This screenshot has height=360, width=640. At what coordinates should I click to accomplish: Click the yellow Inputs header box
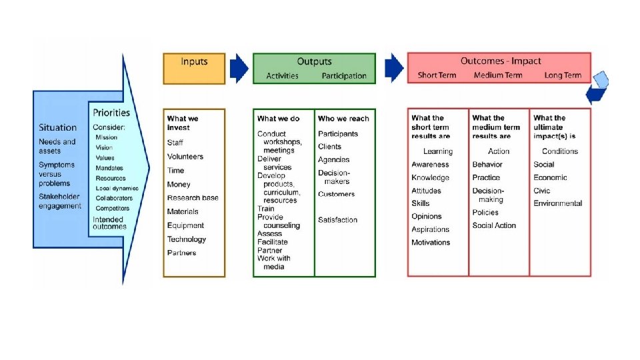click(x=194, y=68)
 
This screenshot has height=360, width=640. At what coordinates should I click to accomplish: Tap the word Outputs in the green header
click(x=314, y=61)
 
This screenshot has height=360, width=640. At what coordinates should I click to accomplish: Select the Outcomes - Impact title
click(x=501, y=61)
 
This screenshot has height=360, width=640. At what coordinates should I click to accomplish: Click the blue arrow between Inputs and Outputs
click(x=239, y=68)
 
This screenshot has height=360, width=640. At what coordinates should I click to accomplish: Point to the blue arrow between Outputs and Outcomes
click(x=394, y=67)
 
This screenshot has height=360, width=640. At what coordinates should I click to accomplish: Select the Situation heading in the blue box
click(x=57, y=127)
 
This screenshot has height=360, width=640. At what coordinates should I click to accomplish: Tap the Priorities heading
click(x=111, y=113)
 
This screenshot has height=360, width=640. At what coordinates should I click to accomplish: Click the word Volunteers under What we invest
click(x=185, y=157)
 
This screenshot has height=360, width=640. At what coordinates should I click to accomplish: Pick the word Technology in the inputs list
click(x=186, y=239)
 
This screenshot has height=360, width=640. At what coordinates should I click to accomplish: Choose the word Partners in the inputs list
click(x=181, y=253)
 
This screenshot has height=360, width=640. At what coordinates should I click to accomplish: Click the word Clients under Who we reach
click(x=329, y=147)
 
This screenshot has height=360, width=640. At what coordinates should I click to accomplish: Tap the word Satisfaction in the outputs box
click(x=337, y=220)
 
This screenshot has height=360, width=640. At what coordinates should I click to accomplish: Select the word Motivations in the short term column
click(x=431, y=243)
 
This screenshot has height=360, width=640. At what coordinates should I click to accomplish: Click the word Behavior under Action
click(x=487, y=165)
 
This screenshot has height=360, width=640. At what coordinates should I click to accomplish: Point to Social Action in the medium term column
click(x=494, y=225)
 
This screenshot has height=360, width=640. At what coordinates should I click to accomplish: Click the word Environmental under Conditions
click(x=557, y=203)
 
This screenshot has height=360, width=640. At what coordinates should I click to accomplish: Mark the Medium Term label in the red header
click(x=498, y=75)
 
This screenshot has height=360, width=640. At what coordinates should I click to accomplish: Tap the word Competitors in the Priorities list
click(x=112, y=209)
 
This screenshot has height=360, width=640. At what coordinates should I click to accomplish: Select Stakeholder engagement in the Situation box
click(x=60, y=201)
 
